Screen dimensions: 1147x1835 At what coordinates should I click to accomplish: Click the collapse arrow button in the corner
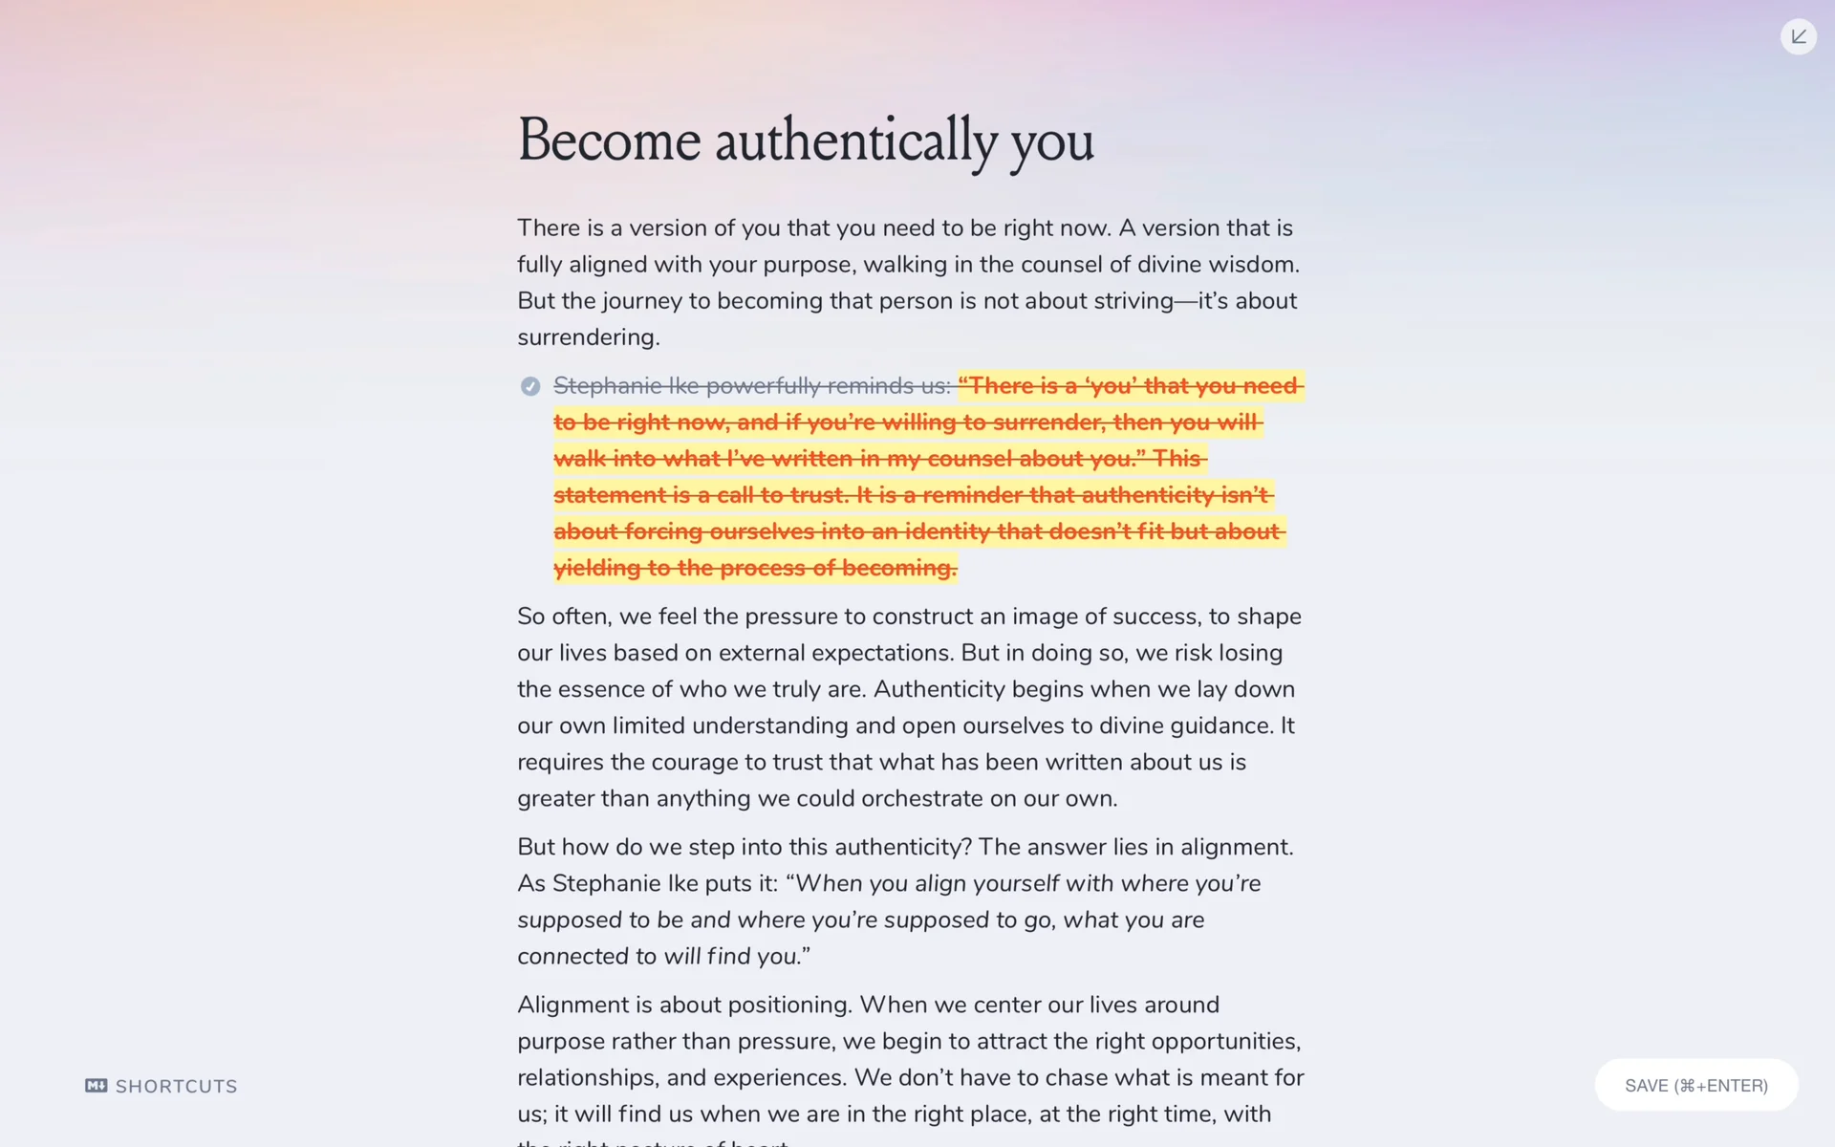1798,36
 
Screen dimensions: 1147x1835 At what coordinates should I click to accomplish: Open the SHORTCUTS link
176,1086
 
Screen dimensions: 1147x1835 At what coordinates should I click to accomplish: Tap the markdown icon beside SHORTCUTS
96,1085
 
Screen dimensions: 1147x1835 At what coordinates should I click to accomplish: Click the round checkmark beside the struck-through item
530,386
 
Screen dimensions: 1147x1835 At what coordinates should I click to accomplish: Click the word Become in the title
609,141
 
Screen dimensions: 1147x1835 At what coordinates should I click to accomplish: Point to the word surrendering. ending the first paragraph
588,337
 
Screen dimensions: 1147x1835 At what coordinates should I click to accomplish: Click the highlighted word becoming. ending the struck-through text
899,568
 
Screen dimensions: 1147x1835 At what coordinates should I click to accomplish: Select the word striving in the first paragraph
1133,301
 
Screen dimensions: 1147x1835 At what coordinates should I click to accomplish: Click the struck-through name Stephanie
607,386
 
